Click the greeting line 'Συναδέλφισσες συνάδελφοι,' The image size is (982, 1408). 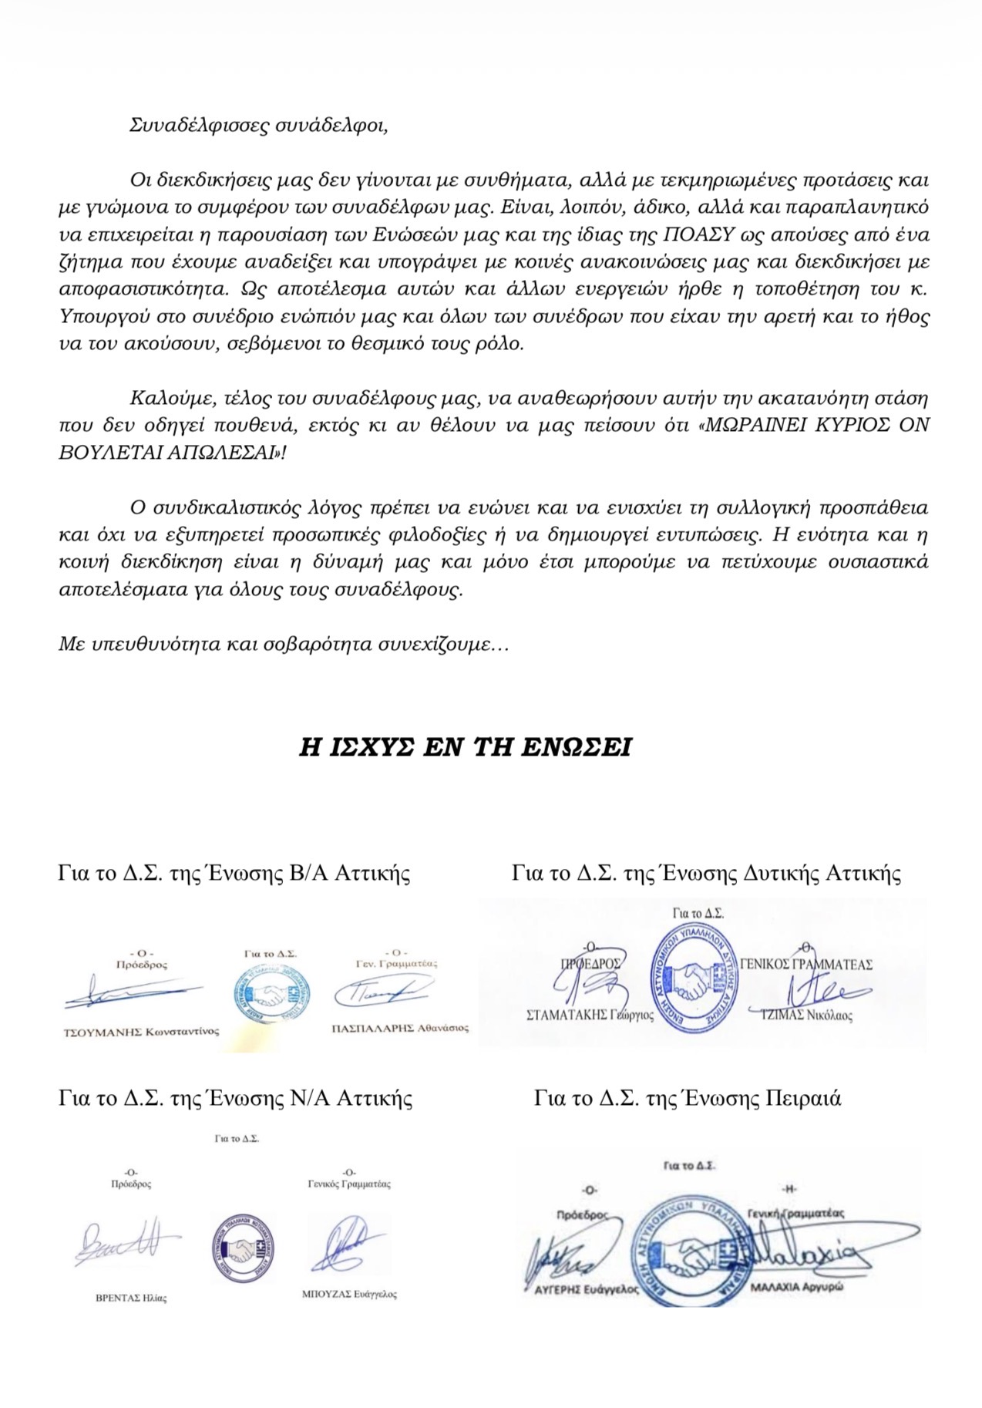coord(258,126)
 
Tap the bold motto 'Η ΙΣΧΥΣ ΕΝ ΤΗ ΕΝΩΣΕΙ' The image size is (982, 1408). coord(465,747)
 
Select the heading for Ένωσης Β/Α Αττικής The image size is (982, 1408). coord(234,873)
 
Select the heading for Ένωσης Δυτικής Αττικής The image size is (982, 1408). coord(706,873)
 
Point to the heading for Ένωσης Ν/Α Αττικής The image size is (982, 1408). coord(235,1097)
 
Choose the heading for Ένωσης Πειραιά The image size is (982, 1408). coord(688,1097)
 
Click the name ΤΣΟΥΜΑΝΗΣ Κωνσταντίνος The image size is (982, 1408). coord(141,1032)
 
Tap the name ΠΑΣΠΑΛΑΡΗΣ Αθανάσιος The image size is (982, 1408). coord(400,1028)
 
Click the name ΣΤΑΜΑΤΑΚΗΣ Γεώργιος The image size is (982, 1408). coord(590,1016)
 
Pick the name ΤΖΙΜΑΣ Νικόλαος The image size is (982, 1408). coord(807,1016)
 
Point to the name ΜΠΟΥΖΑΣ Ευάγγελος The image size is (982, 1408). coord(349,1295)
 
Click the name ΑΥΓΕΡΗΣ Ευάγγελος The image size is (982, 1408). coord(587,1288)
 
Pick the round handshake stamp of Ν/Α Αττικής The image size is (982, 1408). coord(243,1247)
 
